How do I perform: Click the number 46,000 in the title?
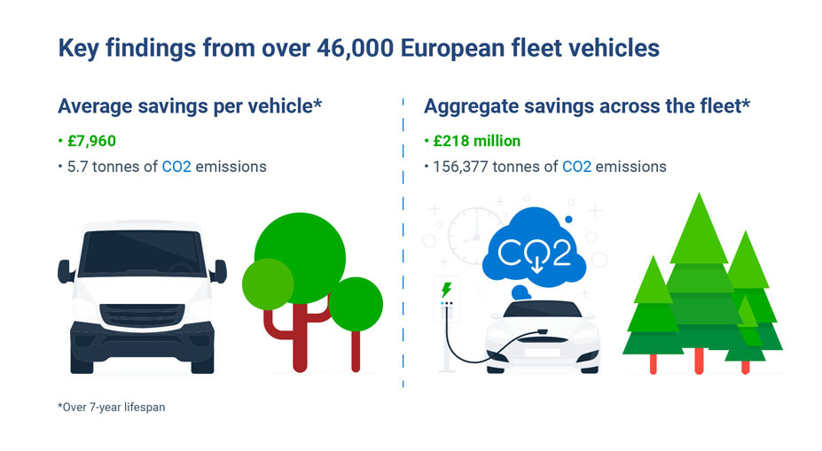pyautogui.click(x=354, y=48)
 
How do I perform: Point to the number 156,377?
pyautogui.click(x=461, y=166)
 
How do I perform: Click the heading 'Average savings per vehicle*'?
pyautogui.click(x=190, y=106)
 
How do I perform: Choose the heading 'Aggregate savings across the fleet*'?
pyautogui.click(x=587, y=106)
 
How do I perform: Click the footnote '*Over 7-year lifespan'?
pyautogui.click(x=111, y=408)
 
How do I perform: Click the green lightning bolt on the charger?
pyautogui.click(x=446, y=289)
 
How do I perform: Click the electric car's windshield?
pyautogui.click(x=542, y=312)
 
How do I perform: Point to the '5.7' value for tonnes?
pyautogui.click(x=78, y=166)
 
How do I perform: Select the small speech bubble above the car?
pyautogui.click(x=521, y=292)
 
